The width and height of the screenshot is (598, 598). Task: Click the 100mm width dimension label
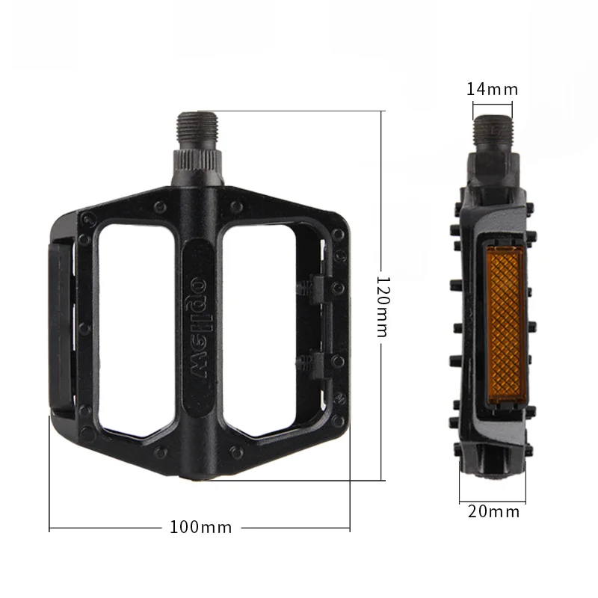click(x=200, y=528)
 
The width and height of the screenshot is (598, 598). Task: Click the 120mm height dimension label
click(x=383, y=306)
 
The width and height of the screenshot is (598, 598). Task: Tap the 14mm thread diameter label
click(x=493, y=89)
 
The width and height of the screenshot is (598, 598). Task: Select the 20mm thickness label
click(x=493, y=511)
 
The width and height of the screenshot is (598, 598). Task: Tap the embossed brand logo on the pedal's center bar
click(x=199, y=327)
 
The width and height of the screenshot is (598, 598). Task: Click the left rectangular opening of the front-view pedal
click(x=137, y=330)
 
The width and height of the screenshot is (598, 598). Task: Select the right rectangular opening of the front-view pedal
click(x=259, y=330)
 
